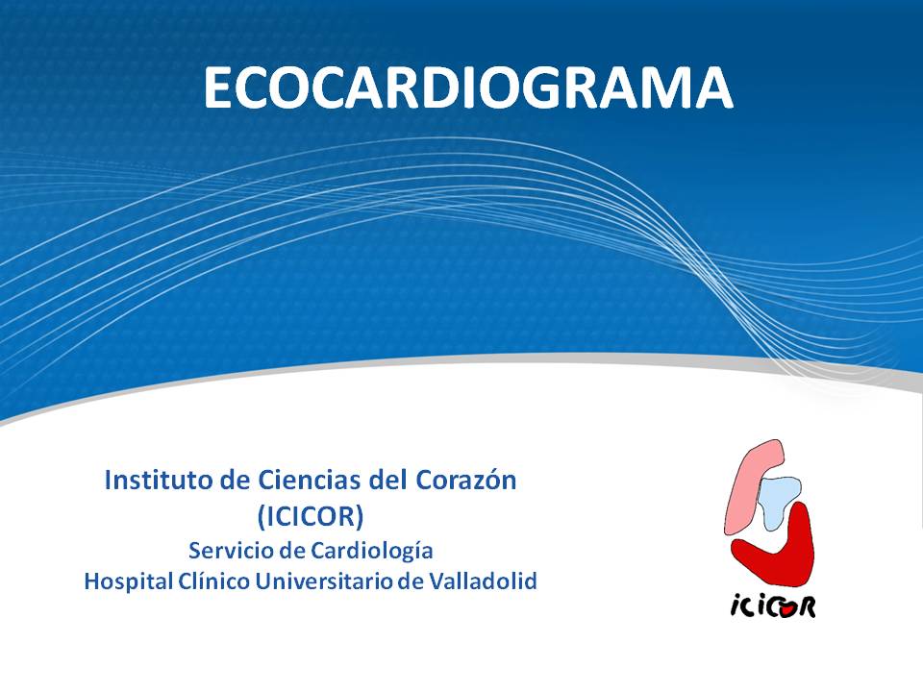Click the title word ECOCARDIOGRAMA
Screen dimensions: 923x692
[468, 87]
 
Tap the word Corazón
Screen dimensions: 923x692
[466, 481]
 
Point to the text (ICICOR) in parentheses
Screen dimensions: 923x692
[311, 517]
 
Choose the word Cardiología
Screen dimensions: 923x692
[372, 552]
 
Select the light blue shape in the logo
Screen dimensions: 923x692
[778, 500]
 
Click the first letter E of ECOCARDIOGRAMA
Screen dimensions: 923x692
[218, 87]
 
